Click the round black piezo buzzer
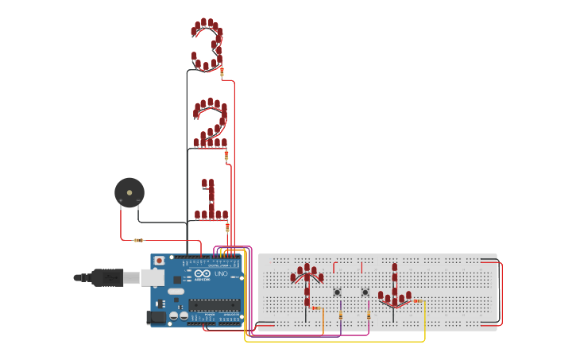pyautogui.click(x=129, y=192)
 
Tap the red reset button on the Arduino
pyautogui.click(x=159, y=261)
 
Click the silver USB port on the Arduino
pyautogui.click(x=153, y=277)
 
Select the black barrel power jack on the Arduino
pyautogui.click(x=157, y=317)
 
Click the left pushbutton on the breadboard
pyautogui.click(x=337, y=292)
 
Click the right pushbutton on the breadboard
pyautogui.click(x=365, y=292)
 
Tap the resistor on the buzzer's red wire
pyautogui.click(x=139, y=240)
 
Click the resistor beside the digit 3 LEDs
pyautogui.click(x=222, y=72)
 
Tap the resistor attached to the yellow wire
pyautogui.click(x=416, y=301)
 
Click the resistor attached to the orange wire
pyautogui.click(x=315, y=308)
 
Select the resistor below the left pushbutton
pyautogui.click(x=341, y=315)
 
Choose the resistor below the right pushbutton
pyautogui.click(x=369, y=315)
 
